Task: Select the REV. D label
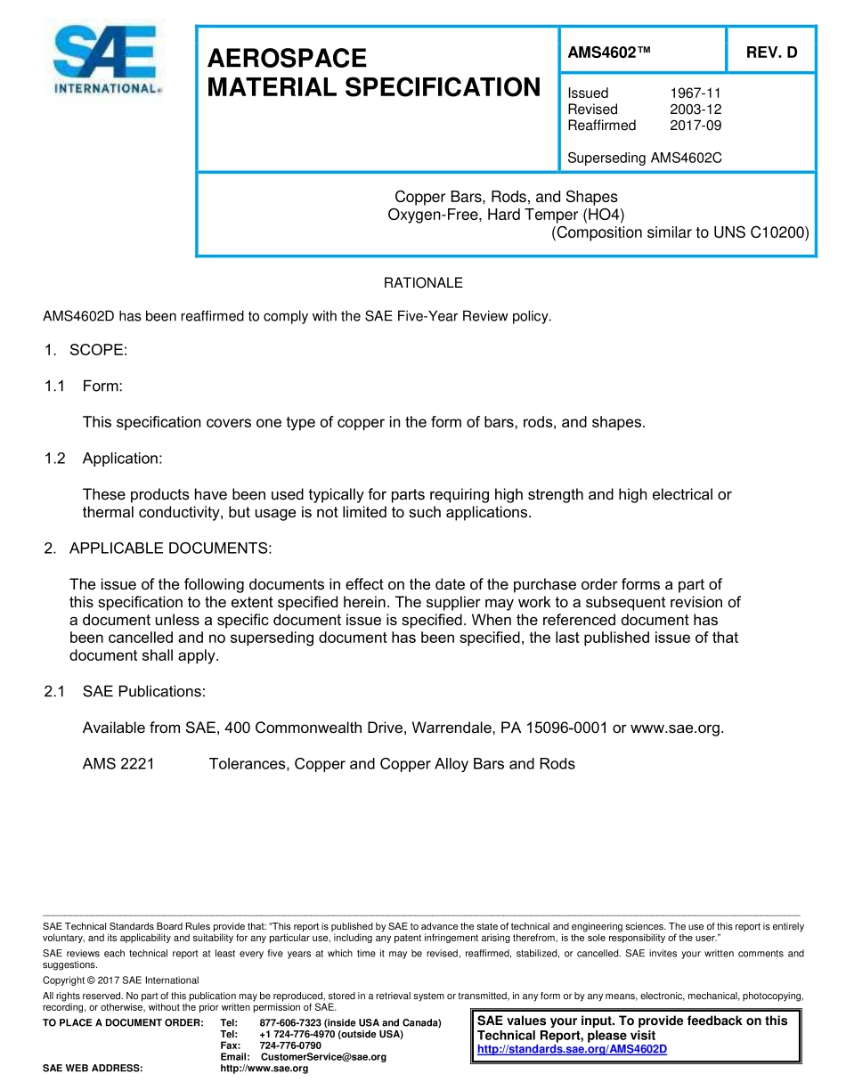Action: [x=771, y=53]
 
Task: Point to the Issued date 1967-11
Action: [x=695, y=93]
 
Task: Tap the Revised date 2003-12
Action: [x=695, y=109]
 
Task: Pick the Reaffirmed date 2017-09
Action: [x=695, y=125]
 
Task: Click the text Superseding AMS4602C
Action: [x=644, y=158]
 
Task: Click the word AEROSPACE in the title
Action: [x=287, y=59]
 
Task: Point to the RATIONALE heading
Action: [x=423, y=283]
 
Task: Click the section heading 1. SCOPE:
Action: [x=85, y=350]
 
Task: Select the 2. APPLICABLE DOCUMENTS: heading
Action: [x=158, y=549]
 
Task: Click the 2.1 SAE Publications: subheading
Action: [x=125, y=691]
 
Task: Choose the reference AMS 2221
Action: [x=118, y=763]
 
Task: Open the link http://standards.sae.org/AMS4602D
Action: [x=572, y=1049]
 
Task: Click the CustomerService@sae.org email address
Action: [x=323, y=1056]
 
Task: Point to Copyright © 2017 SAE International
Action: [x=121, y=980]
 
